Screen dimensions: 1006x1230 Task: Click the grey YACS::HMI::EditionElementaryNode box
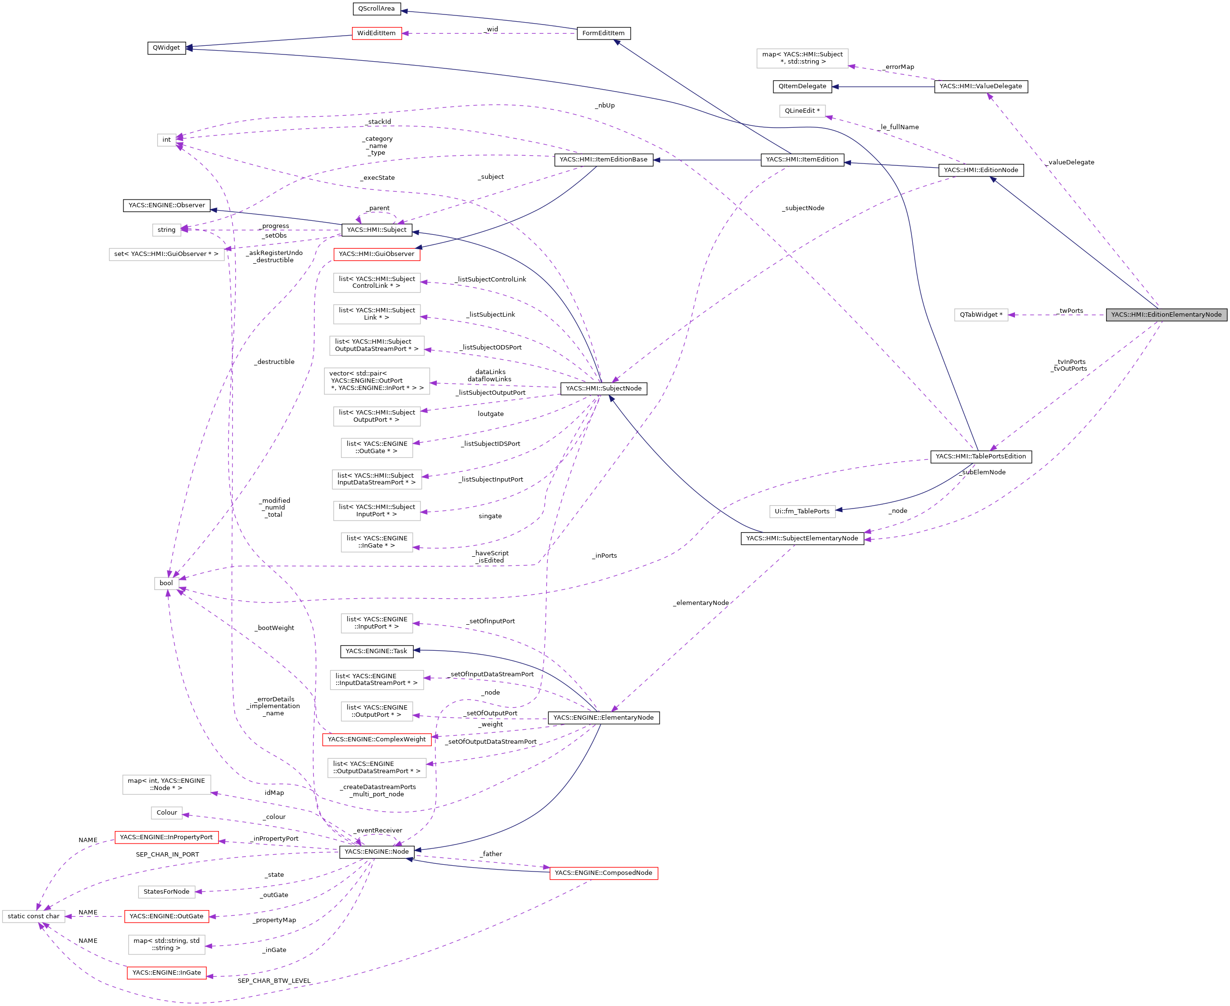tap(1166, 315)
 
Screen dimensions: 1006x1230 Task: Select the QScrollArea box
tap(376, 9)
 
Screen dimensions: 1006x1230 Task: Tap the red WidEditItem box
tap(376, 33)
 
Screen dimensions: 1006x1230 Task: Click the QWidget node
tap(166, 48)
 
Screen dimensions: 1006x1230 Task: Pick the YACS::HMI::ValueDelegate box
tap(980, 86)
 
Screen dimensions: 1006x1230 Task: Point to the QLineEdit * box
tap(802, 111)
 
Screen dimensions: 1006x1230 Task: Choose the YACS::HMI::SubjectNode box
tap(603, 388)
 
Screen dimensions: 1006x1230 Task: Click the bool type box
tap(166, 583)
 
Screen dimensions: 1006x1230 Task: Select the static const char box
tap(34, 916)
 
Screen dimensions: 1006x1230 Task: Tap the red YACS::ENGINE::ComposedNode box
tap(603, 872)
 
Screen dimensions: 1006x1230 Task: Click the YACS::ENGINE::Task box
tap(376, 651)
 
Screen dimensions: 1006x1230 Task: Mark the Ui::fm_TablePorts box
tap(802, 511)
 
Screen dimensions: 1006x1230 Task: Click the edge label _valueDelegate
tap(1070, 162)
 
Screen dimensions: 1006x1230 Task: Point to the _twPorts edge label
tap(1070, 310)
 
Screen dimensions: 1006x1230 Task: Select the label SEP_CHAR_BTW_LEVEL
tap(274, 980)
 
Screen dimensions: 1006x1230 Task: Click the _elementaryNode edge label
tap(701, 603)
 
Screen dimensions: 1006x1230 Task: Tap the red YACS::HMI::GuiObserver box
tap(376, 254)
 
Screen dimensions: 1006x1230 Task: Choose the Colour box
tap(166, 812)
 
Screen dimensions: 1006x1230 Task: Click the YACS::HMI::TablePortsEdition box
tap(980, 456)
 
